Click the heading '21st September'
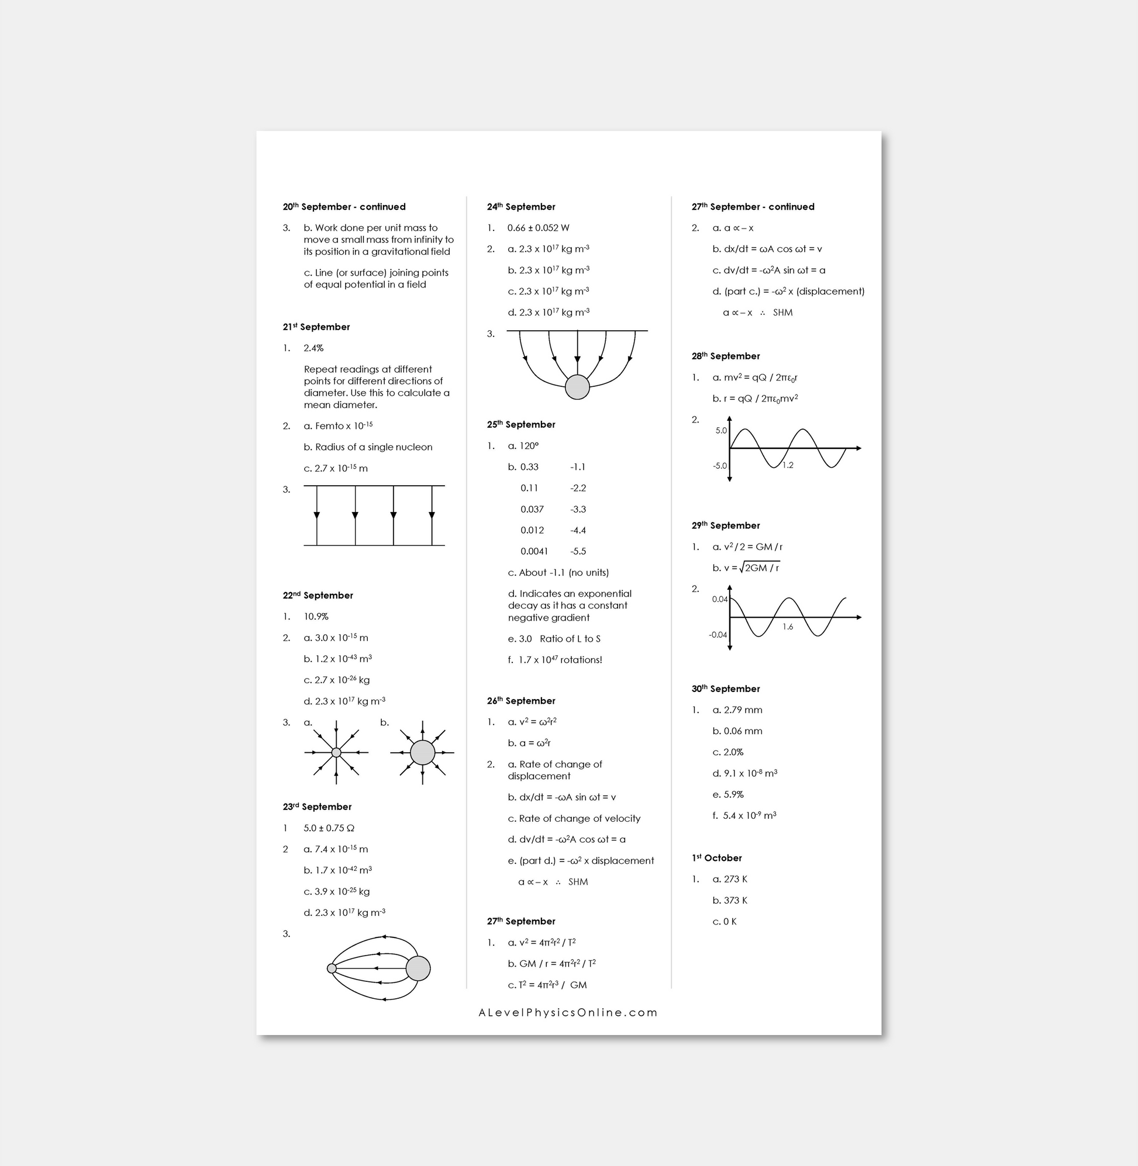pyautogui.click(x=316, y=327)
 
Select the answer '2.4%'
pyautogui.click(x=313, y=348)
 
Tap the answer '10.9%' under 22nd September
pyautogui.click(x=316, y=617)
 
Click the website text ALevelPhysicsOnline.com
pyautogui.click(x=568, y=1012)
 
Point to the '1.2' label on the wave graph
pyautogui.click(x=788, y=465)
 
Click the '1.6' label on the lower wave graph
pyautogui.click(x=788, y=627)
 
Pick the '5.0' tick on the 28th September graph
pyautogui.click(x=721, y=431)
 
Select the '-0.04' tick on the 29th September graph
pyautogui.click(x=718, y=634)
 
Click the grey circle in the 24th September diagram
pyautogui.click(x=577, y=387)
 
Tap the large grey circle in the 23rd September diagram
pyautogui.click(x=418, y=968)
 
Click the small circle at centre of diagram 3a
pyautogui.click(x=336, y=753)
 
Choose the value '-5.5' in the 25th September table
pyautogui.click(x=578, y=551)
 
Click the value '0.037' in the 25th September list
pyautogui.click(x=532, y=510)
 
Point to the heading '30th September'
pyautogui.click(x=726, y=688)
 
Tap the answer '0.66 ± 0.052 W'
pyautogui.click(x=538, y=228)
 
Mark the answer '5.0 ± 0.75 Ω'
pyautogui.click(x=329, y=829)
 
